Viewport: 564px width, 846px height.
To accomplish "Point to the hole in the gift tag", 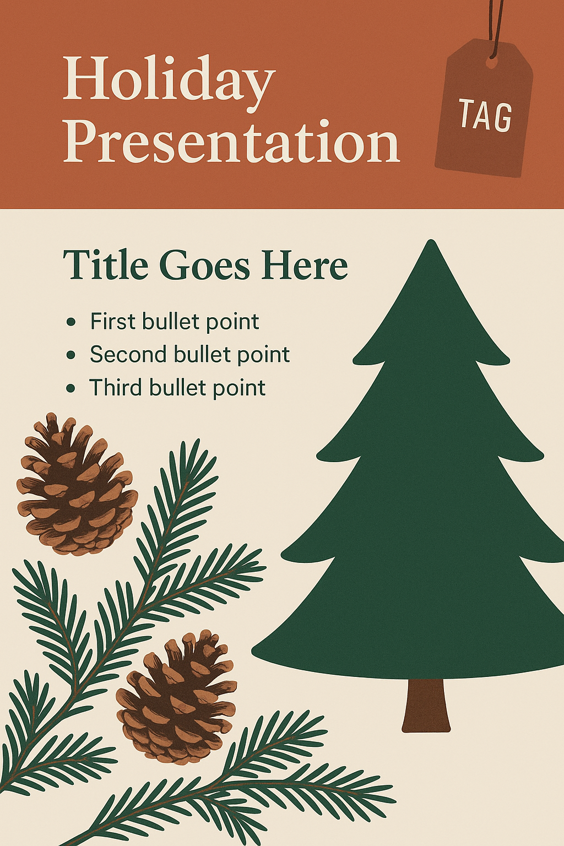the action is coord(491,64).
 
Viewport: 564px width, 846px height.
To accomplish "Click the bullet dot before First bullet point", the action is coord(70,322).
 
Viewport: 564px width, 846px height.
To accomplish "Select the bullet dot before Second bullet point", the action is coord(70,355).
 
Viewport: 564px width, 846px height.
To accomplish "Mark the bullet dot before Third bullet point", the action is coord(70,388).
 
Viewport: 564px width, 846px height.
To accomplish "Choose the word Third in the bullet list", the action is coord(115,388).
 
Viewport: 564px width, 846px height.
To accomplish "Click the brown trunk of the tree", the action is coord(426,706).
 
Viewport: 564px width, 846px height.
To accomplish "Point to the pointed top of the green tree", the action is coord(430,240).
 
